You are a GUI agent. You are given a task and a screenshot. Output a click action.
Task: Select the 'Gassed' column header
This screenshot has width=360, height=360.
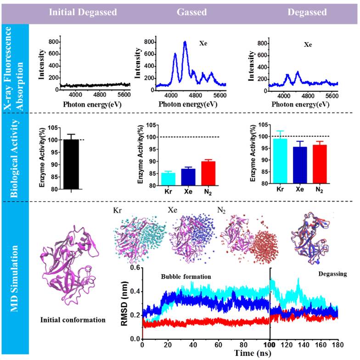coord(191,12)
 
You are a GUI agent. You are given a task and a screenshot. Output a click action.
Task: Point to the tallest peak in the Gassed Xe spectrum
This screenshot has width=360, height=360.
coord(185,43)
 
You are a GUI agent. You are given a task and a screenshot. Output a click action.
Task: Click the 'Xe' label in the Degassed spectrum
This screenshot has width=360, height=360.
coord(308,45)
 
